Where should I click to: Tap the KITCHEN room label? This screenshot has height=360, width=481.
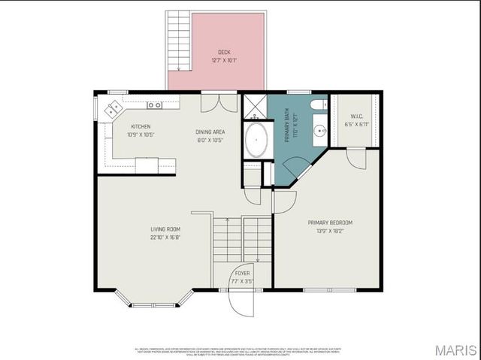click(141, 126)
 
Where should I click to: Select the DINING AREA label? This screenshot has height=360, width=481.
click(210, 131)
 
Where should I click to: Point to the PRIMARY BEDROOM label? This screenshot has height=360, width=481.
click(330, 222)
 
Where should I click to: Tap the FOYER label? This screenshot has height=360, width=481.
click(242, 273)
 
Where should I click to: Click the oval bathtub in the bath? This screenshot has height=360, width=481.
click(258, 140)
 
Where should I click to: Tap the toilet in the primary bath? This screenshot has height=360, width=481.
click(319, 104)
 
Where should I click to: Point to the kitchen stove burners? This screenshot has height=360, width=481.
click(155, 104)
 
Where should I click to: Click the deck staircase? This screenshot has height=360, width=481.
click(178, 41)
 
